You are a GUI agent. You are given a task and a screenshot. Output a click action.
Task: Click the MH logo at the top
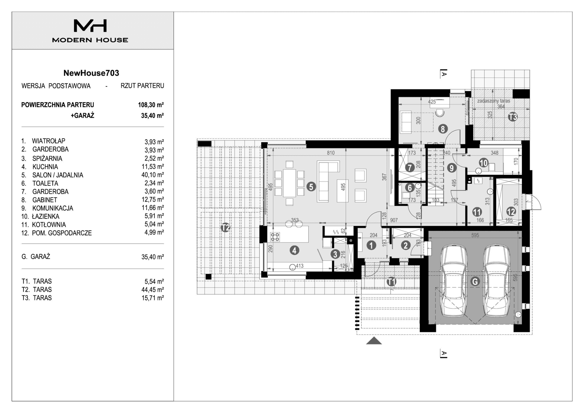point(90,26)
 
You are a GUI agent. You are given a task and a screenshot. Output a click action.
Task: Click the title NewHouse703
point(91,73)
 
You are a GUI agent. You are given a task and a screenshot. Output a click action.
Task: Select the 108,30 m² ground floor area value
point(151,105)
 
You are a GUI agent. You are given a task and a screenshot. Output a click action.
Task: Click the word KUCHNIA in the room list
point(45,167)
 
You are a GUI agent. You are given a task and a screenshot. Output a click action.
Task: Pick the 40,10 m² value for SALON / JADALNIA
point(153,175)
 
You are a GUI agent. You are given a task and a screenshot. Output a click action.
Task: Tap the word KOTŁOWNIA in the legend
point(49,225)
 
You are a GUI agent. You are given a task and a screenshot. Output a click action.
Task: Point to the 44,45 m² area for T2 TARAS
point(153,290)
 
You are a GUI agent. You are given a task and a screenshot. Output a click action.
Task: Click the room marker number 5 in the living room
point(311,187)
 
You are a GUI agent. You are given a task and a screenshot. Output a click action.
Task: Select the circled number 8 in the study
point(442,129)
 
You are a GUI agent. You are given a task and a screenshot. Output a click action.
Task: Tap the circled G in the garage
point(474,281)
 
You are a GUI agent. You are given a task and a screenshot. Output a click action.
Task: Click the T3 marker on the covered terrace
point(513,117)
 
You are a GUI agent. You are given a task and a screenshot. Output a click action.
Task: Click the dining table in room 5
point(289,183)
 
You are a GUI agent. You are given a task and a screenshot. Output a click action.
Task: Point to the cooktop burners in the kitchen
point(275,237)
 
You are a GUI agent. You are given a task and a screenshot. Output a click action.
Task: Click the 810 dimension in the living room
point(330,153)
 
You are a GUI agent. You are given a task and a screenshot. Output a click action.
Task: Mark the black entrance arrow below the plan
point(374,341)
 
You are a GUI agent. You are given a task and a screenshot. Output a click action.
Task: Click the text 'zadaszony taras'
point(493,101)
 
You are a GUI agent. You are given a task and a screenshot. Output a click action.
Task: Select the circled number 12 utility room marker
point(511,211)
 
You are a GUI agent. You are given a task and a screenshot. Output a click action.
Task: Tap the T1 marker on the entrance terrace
point(391,282)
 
